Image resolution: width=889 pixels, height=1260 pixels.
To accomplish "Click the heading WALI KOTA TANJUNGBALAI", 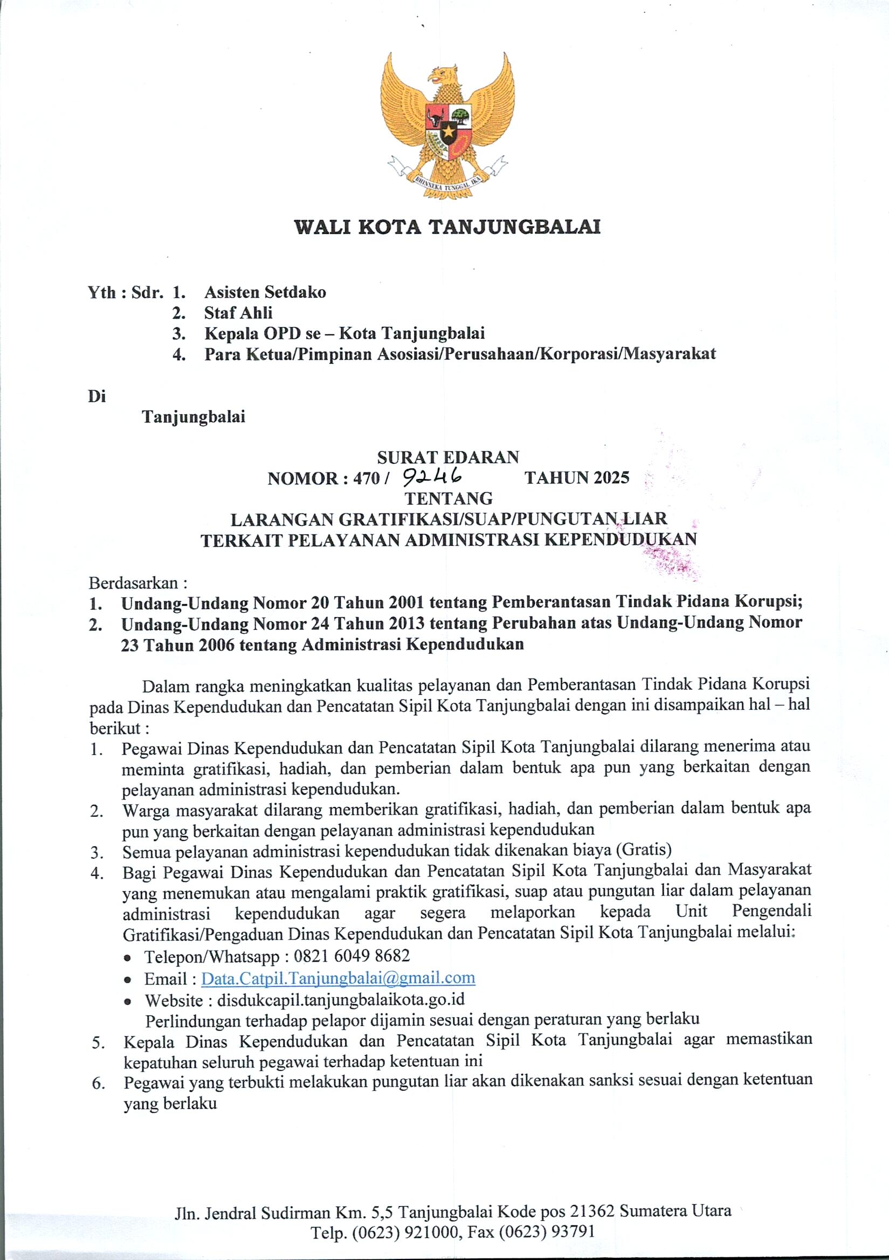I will pos(447,227).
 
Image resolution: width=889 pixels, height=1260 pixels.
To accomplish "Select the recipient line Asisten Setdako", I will pos(265,292).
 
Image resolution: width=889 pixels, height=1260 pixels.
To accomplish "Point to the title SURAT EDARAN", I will pos(447,457).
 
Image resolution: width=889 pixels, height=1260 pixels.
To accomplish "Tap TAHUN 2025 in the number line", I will pos(576,478).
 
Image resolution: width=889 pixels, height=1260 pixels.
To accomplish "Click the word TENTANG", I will pos(448,498).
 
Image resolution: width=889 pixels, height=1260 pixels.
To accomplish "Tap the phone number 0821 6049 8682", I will pos(352,955).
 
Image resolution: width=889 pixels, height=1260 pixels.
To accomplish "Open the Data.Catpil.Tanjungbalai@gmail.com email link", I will pos(338,977).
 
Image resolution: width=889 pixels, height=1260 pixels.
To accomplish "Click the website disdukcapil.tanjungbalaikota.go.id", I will pos(341,1000).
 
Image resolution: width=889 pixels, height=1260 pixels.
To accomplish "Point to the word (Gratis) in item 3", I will pos(644,850).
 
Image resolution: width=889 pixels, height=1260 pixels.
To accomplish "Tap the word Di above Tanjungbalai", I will pos(97,396).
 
